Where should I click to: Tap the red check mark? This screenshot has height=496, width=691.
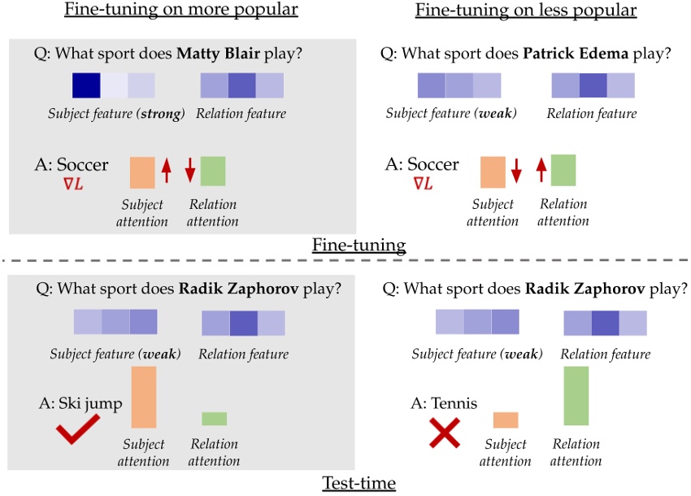tap(78, 429)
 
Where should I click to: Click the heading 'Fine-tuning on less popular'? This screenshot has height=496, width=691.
tap(525, 11)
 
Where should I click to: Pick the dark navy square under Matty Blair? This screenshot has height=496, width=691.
tap(85, 85)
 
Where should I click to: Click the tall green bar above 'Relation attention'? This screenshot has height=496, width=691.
tap(576, 396)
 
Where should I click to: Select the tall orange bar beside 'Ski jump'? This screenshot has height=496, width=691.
tap(143, 397)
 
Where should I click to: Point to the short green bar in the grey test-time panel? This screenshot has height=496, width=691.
tap(214, 419)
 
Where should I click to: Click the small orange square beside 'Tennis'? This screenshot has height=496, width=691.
tap(506, 420)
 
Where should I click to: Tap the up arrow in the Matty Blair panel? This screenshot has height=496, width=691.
tap(167, 171)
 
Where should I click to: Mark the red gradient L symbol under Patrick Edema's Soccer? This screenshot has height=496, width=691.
tap(423, 185)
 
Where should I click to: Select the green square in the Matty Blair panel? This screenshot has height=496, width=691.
tap(213, 171)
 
